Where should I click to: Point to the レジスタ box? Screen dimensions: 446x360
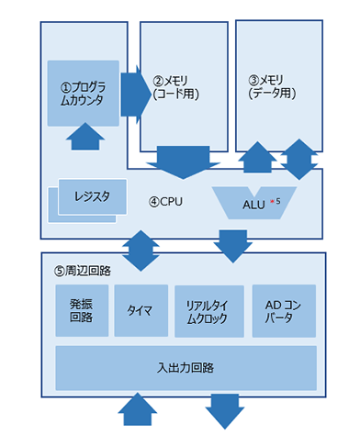pyautogui.click(x=87, y=196)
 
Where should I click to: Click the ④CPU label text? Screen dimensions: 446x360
pyautogui.click(x=167, y=200)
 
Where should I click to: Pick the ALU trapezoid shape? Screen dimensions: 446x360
pyautogui.click(x=253, y=202)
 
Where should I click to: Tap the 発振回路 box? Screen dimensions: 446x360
pyautogui.click(x=82, y=309)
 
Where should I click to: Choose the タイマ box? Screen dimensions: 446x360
pyautogui.click(x=141, y=309)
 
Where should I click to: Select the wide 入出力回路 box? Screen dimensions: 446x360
pyautogui.click(x=185, y=367)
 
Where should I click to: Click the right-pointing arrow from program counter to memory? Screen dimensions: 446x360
pyautogui.click(x=135, y=91)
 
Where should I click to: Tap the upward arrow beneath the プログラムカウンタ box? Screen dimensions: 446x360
pyautogui.click(x=84, y=138)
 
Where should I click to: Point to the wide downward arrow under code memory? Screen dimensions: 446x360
pyautogui.click(x=182, y=163)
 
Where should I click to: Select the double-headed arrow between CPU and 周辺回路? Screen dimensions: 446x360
pyautogui.click(x=140, y=249)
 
